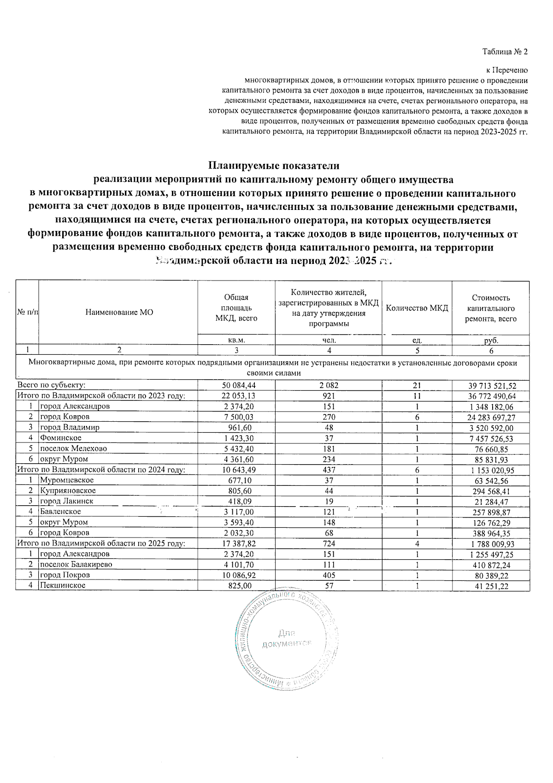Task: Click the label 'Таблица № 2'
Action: coord(505,52)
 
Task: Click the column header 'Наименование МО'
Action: coord(119,312)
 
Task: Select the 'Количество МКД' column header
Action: coord(417,308)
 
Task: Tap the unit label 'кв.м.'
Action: coord(236,340)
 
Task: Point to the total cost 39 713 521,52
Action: coord(491,386)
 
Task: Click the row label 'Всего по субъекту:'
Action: coord(52,385)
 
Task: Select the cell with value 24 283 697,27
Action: coord(491,417)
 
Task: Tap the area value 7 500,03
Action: coord(236,417)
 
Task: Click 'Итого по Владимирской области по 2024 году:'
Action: coord(101,470)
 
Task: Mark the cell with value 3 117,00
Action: coord(236,512)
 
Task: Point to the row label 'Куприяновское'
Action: coord(68,490)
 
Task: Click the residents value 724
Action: coord(329,544)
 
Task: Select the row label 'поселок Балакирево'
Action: coord(76,564)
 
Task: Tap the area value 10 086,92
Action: coord(236,575)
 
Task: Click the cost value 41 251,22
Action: coord(491,586)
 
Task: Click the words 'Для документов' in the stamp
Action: coord(286,639)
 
